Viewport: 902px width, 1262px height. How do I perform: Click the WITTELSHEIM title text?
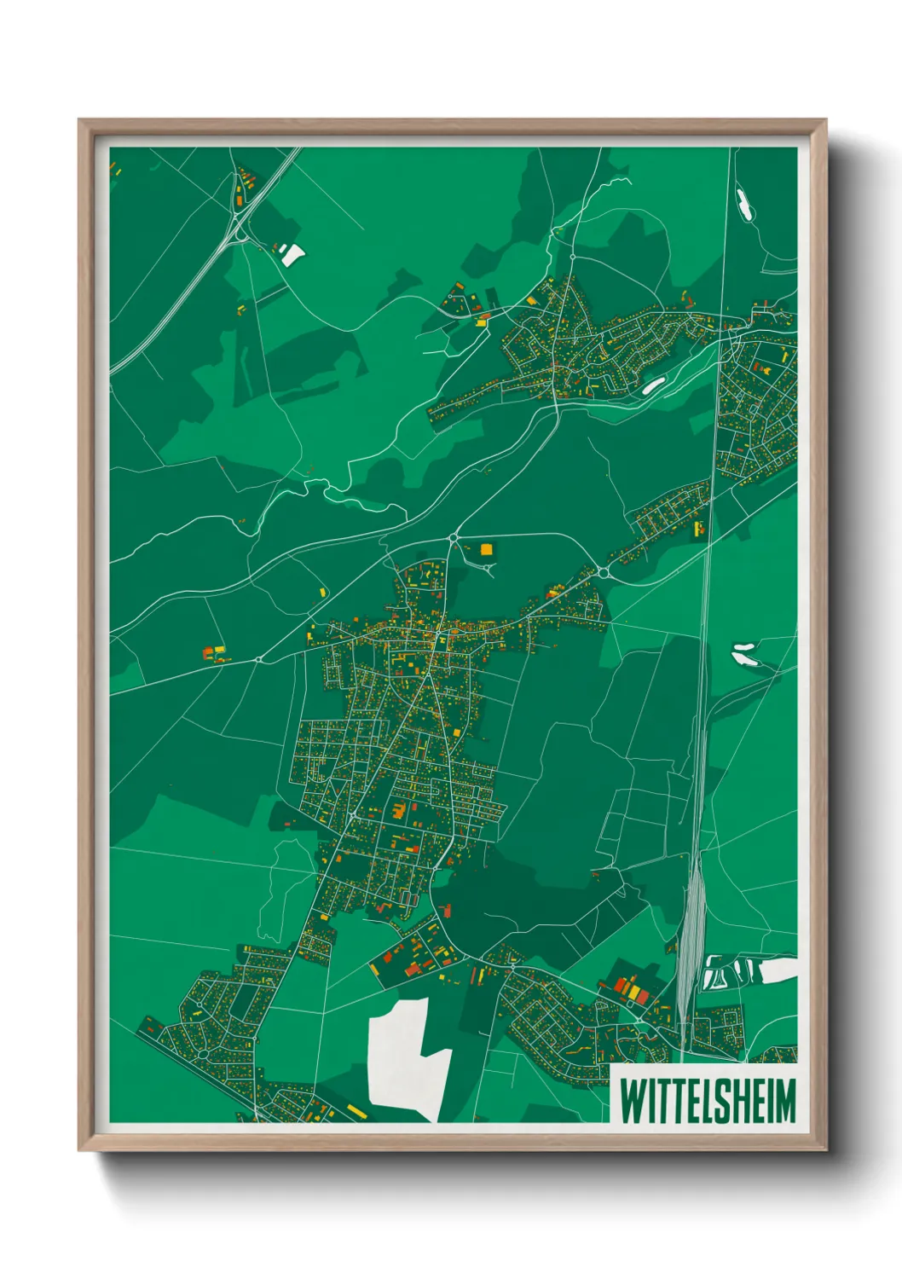click(707, 1100)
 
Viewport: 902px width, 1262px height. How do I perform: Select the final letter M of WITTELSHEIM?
click(783, 1100)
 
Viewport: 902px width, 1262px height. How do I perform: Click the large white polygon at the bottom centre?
click(404, 1057)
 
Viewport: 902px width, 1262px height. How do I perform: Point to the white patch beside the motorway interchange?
click(292, 253)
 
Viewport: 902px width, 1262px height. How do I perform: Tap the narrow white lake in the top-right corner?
click(743, 205)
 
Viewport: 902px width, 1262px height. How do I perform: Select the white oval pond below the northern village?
click(653, 385)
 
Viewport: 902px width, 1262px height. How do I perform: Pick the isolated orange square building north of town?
click(487, 549)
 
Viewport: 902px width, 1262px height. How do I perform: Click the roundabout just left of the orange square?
click(453, 537)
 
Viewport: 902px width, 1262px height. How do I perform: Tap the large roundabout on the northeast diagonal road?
click(603, 573)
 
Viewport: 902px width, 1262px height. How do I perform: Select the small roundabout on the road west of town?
click(258, 659)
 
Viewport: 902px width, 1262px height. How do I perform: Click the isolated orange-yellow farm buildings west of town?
click(215, 654)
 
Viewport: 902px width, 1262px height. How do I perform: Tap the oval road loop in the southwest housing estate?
click(203, 1054)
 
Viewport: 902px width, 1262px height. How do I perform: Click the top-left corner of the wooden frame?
click(80, 121)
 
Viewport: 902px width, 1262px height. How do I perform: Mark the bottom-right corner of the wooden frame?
click(824, 1149)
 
